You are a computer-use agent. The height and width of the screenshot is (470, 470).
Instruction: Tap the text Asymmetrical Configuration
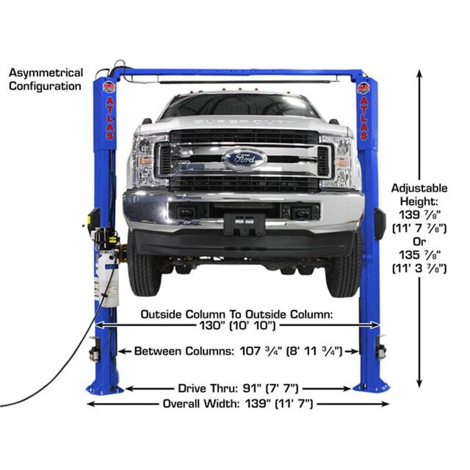[46, 80]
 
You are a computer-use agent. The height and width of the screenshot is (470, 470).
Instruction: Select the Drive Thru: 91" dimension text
[239, 388]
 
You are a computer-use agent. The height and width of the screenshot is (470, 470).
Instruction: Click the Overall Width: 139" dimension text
[237, 404]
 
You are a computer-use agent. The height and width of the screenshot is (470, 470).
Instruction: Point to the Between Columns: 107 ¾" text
[239, 351]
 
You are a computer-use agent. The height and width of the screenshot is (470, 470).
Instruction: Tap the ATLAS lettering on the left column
[109, 118]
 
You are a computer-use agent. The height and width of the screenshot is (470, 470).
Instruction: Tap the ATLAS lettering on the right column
[364, 118]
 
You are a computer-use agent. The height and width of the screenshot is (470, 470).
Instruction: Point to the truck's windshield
[240, 106]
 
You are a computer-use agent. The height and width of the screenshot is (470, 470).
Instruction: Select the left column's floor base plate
[104, 388]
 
